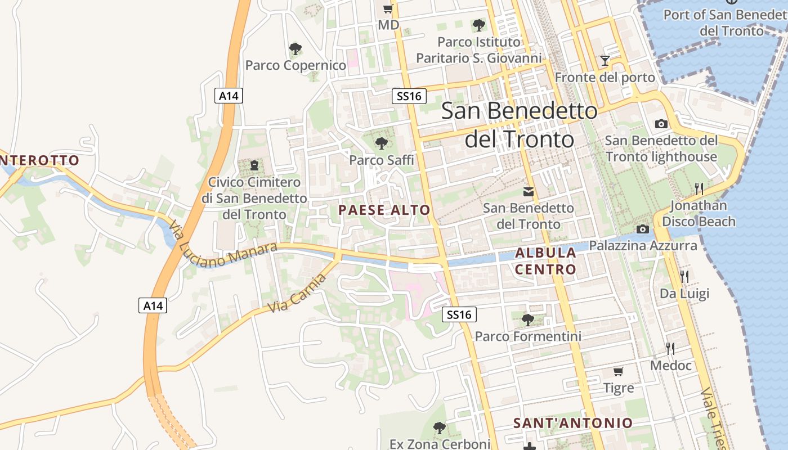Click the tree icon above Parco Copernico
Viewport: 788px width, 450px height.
[x=295, y=49]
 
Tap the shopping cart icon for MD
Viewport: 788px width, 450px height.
[x=388, y=8]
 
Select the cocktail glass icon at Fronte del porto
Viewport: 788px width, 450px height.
[x=605, y=60]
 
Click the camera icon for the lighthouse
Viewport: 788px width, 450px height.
[x=661, y=124]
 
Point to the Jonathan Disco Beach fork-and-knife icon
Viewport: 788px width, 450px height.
[x=699, y=188]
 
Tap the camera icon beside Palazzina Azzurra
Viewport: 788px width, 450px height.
[x=642, y=229]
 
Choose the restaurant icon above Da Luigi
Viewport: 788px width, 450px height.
[x=684, y=276]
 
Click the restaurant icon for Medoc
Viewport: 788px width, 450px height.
[x=670, y=349]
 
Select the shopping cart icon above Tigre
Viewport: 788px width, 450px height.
[x=618, y=371]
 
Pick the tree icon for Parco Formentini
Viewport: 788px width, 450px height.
[x=527, y=320]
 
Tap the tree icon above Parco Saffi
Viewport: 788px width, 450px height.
[x=381, y=143]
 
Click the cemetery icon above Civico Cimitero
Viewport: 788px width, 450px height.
[x=254, y=165]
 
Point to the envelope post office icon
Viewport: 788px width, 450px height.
[x=529, y=192]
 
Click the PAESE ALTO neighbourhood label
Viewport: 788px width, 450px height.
[x=384, y=210]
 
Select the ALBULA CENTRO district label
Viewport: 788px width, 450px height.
[x=545, y=261]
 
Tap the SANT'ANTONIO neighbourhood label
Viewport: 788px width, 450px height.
[x=573, y=423]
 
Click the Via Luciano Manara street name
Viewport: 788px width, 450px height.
[x=223, y=244]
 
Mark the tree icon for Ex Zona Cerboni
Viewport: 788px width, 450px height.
[x=440, y=428]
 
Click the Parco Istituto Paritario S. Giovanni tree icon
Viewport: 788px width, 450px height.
[x=479, y=25]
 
